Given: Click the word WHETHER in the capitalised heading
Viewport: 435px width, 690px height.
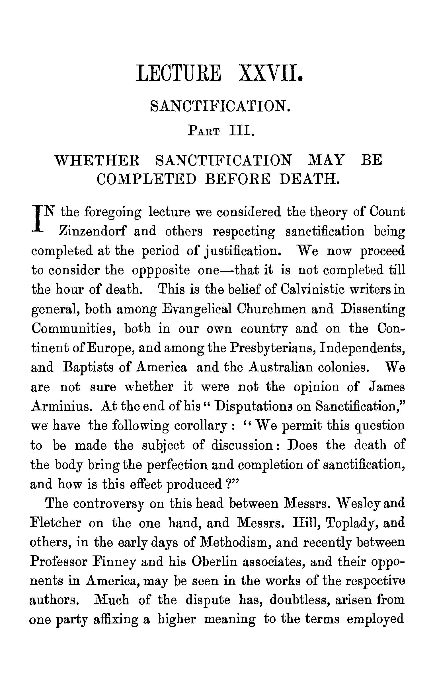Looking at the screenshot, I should click(x=97, y=160).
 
